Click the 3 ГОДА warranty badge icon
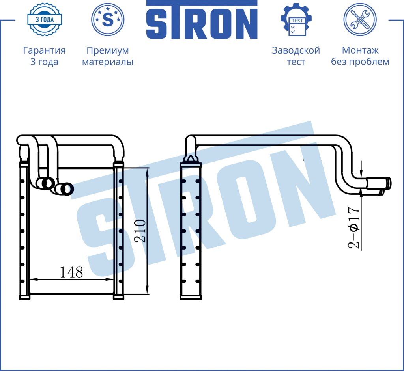tap(45, 19)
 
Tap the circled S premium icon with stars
tap(108, 19)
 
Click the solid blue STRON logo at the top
tap(202, 20)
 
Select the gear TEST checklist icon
tap(296, 20)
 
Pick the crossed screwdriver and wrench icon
tap(360, 19)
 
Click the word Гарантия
tap(44, 50)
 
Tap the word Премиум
tap(108, 50)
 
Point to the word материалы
tap(108, 62)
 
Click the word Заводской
tap(296, 50)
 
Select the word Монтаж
tap(360, 50)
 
